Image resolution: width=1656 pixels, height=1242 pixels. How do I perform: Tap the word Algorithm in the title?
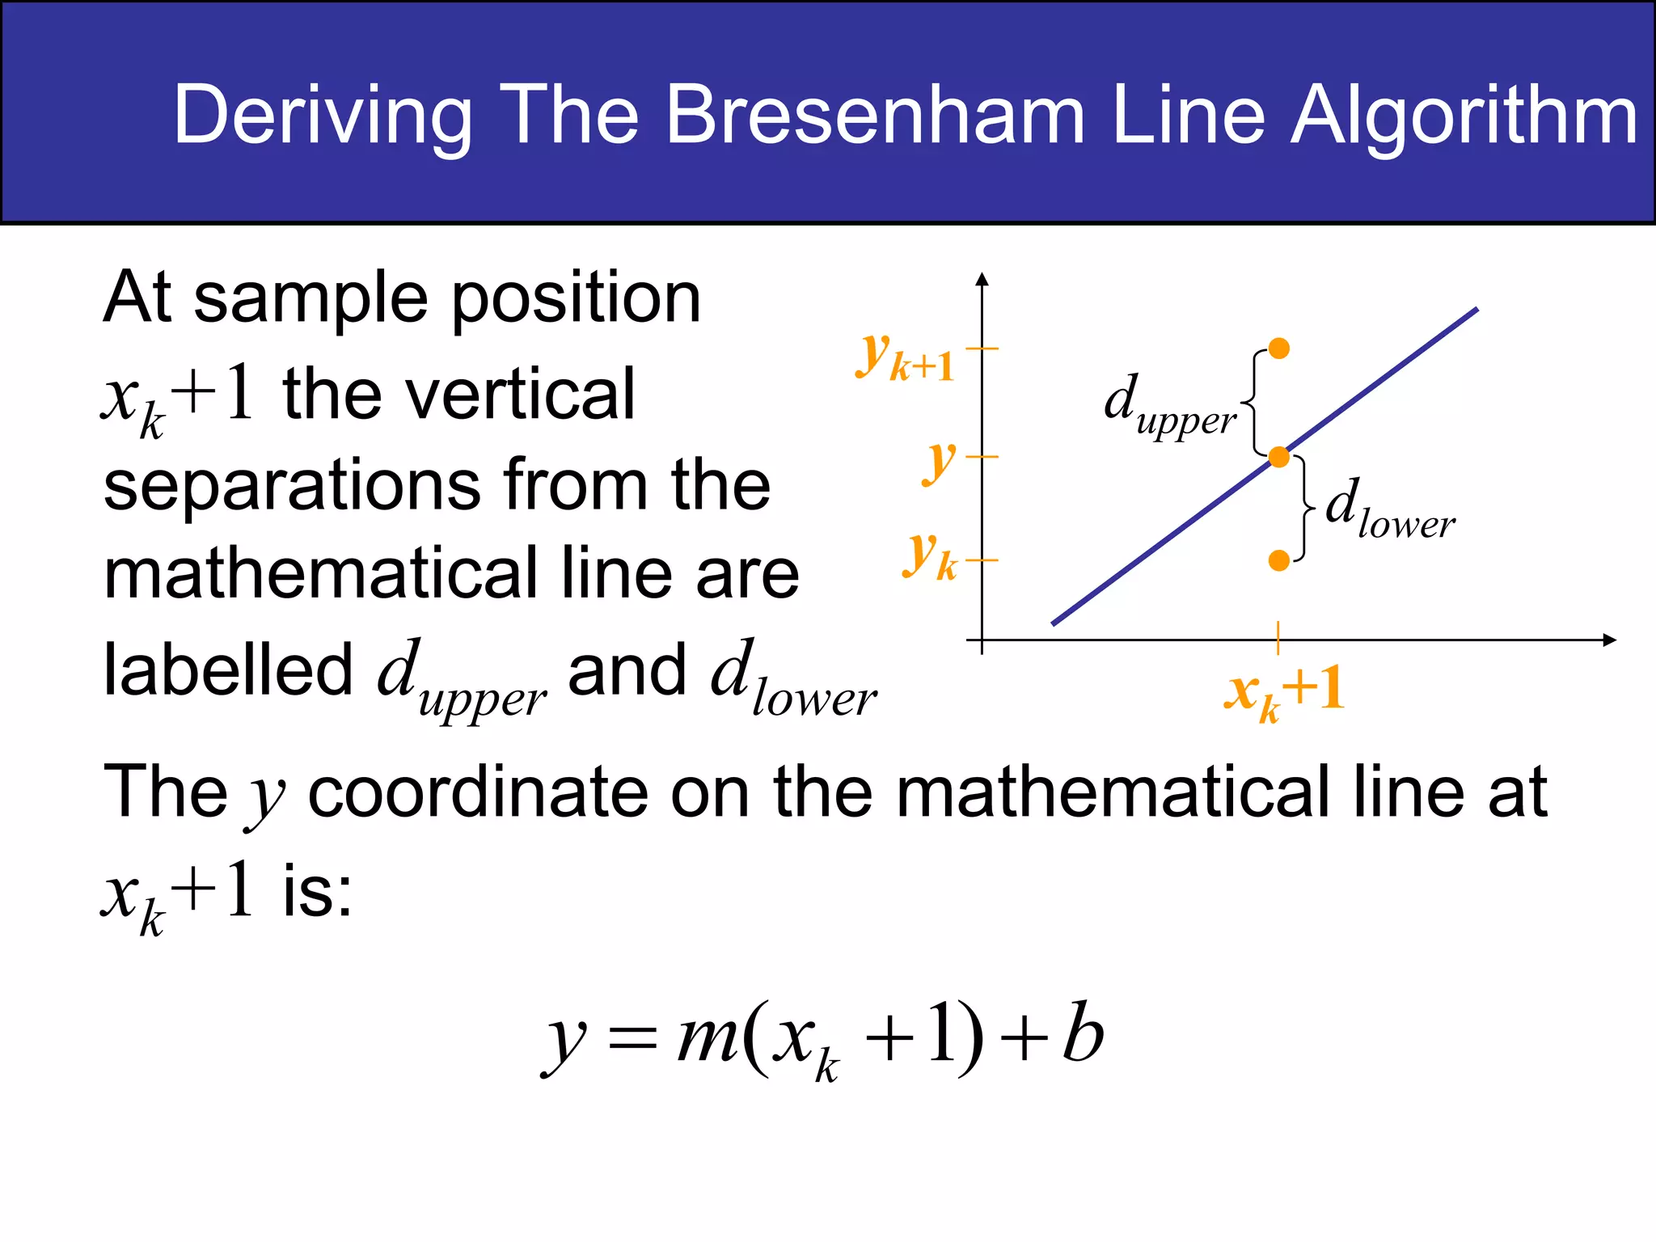point(1464,118)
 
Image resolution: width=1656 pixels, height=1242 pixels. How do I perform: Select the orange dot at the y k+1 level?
point(1279,349)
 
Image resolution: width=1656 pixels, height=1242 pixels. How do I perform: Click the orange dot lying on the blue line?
point(1279,458)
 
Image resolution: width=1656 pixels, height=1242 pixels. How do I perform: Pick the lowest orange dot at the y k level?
point(1279,560)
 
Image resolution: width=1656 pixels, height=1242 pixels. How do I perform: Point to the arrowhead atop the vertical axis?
point(982,279)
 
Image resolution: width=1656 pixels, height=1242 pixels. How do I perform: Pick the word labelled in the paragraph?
point(228,671)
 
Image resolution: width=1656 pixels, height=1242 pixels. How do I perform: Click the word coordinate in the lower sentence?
point(478,792)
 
